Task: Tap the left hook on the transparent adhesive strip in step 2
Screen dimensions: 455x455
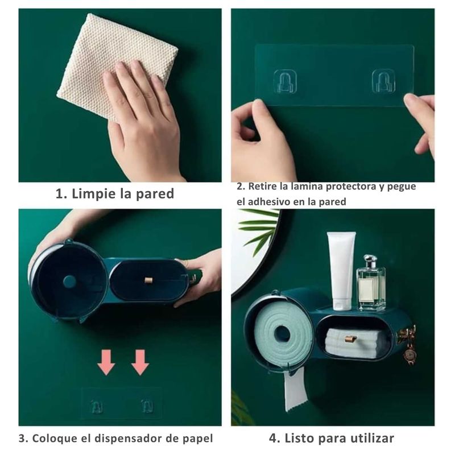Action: tap(285, 81)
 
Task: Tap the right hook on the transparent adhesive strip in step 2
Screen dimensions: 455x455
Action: tap(383, 81)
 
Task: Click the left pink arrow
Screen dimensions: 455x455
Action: tap(106, 362)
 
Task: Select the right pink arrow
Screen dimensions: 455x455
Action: tap(140, 362)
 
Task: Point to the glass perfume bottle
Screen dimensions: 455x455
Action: tap(371, 283)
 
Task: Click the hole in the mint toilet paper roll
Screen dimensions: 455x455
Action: tap(282, 334)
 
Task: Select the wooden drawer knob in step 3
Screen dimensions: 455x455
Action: tap(148, 280)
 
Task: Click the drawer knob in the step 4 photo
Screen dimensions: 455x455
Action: tap(350, 338)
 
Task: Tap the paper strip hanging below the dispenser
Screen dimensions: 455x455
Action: tap(296, 391)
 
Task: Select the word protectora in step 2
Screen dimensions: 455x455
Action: tap(350, 187)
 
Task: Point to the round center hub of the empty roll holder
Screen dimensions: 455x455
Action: tap(69, 282)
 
